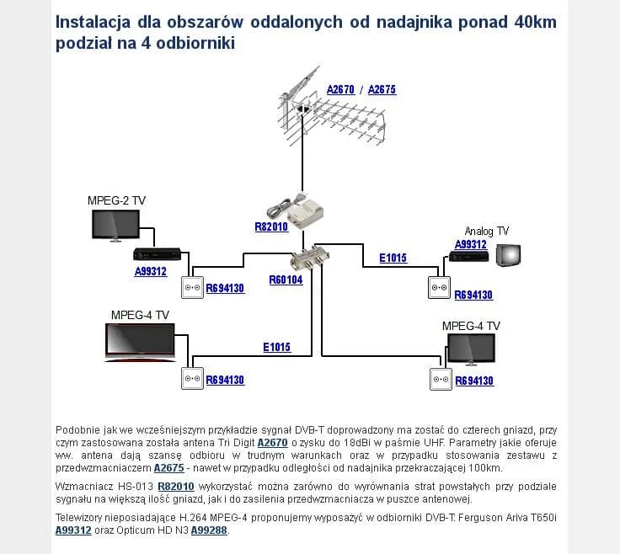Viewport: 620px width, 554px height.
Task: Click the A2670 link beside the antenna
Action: (340, 89)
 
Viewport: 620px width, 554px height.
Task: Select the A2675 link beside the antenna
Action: (382, 89)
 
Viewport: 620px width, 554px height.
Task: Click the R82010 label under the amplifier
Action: (271, 226)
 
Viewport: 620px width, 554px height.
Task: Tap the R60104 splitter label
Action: (286, 280)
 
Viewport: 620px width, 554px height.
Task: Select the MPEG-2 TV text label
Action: (116, 200)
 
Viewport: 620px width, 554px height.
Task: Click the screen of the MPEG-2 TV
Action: (115, 224)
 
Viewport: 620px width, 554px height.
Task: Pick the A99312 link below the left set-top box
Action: (151, 272)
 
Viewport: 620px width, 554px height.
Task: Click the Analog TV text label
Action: (487, 231)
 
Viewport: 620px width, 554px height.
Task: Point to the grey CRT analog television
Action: (508, 255)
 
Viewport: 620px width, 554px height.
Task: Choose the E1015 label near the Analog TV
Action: (393, 258)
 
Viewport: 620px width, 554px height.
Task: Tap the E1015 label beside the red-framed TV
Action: (276, 347)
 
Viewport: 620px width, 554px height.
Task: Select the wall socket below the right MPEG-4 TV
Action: (441, 379)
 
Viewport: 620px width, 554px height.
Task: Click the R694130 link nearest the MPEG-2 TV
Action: (225, 288)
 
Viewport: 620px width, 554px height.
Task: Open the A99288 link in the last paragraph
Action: (209, 530)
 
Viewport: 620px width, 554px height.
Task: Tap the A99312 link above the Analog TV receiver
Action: (471, 245)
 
